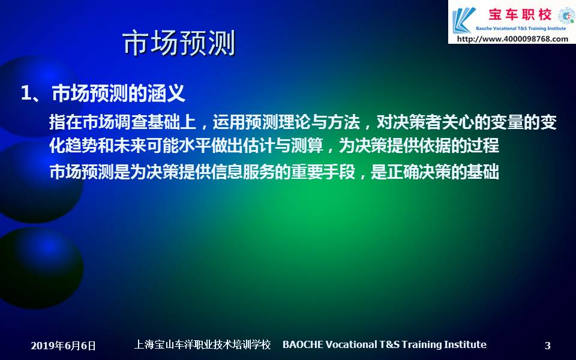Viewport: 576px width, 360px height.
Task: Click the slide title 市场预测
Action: [179, 43]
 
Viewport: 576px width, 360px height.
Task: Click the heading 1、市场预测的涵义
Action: [103, 94]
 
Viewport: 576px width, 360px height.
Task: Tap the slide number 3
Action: [547, 346]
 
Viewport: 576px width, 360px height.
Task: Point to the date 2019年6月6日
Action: [63, 346]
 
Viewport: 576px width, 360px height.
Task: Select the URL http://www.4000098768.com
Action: [512, 39]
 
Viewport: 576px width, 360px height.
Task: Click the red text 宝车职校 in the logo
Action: [520, 14]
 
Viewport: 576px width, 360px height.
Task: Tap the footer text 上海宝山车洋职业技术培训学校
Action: [202, 344]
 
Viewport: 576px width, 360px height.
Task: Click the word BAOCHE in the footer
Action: [303, 344]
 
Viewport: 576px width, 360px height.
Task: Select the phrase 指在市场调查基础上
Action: [122, 122]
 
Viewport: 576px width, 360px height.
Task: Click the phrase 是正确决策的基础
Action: [434, 172]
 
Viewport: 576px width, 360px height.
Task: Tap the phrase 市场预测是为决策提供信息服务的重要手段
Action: [202, 172]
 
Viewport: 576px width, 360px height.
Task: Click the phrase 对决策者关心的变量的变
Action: [467, 122]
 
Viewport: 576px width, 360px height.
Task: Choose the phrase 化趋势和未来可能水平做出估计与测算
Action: [186, 146]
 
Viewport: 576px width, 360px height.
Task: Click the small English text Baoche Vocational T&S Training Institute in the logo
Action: [521, 28]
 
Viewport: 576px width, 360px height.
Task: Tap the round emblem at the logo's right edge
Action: [567, 16]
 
